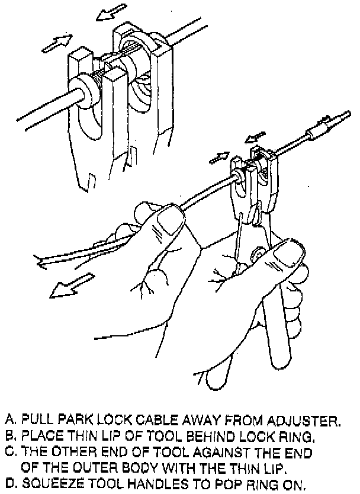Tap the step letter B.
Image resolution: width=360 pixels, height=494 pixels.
click(x=9, y=437)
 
